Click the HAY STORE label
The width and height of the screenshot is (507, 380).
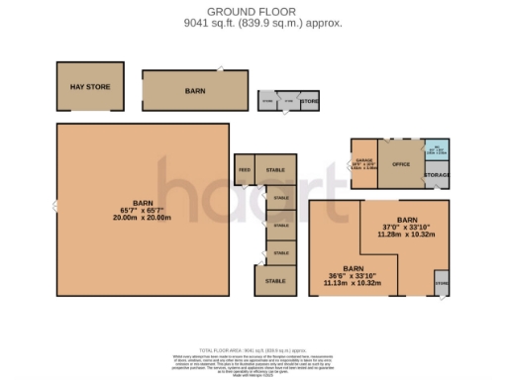pos(89,88)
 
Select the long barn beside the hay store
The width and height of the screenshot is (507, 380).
pos(195,90)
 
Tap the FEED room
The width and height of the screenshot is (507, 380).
pos(244,170)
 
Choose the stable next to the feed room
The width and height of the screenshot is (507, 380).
pos(275,170)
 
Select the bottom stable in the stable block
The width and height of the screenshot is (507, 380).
pos(275,281)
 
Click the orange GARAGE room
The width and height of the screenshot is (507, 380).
pos(363,163)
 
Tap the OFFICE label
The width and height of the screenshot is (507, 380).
pos(401,163)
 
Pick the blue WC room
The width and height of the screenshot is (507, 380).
pos(437,151)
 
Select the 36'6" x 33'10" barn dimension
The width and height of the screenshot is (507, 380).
pos(353,277)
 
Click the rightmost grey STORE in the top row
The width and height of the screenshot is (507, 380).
pos(309,102)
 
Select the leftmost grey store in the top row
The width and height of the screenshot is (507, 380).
pos(267,102)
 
